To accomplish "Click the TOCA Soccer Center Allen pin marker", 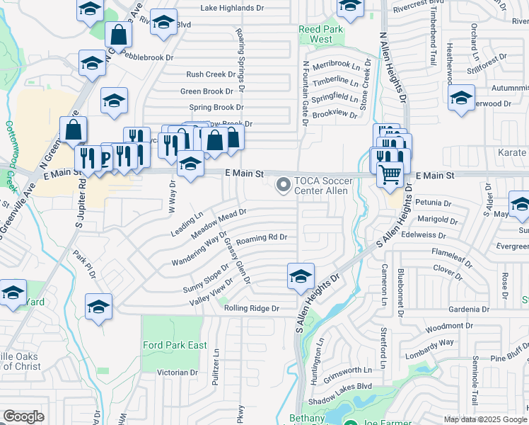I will (284, 186).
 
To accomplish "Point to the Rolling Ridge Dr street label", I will (252, 308).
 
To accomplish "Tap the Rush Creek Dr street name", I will (210, 74).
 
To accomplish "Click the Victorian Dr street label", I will (177, 372).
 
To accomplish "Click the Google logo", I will (23, 416).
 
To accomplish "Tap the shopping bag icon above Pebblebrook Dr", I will (118, 34).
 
